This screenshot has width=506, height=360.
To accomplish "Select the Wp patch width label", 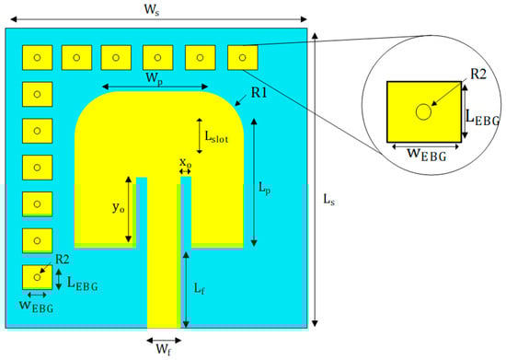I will coord(157,77).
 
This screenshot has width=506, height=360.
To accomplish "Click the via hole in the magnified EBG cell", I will coord(423,111).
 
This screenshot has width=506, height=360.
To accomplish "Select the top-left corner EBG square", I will coord(37,58).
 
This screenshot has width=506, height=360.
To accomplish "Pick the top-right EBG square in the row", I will coord(242,58).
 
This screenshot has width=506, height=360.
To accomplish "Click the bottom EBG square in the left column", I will coord(37,276).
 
